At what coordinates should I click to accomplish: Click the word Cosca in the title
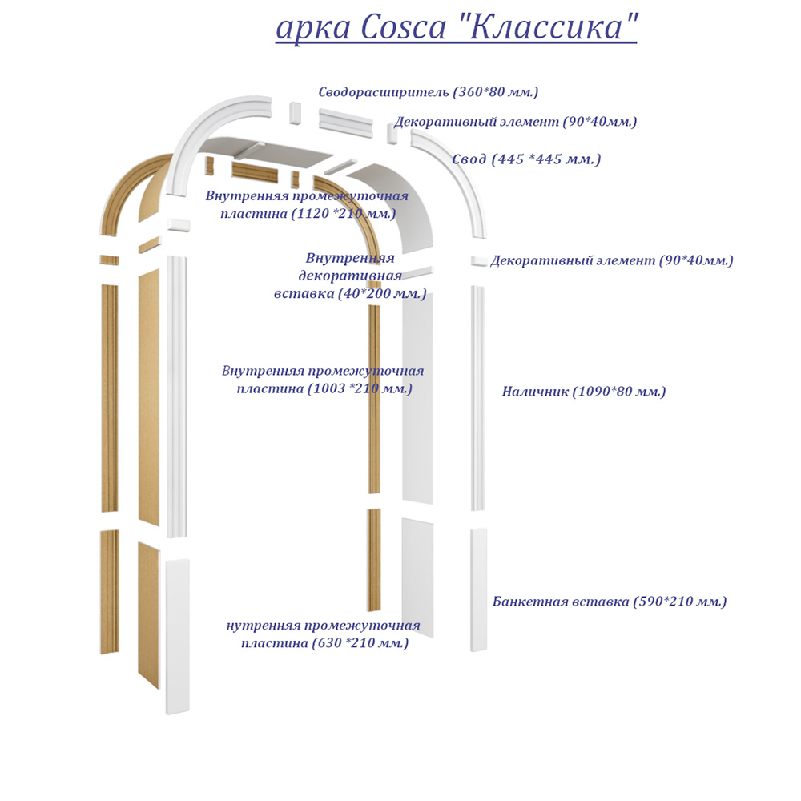(x=404, y=27)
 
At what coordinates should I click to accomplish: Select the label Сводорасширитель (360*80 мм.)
(x=429, y=92)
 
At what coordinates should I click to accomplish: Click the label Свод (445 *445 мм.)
(x=526, y=159)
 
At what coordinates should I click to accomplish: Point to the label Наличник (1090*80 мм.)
(x=584, y=392)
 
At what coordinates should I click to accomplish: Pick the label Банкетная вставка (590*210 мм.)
(x=610, y=602)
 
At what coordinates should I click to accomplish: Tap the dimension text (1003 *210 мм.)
(x=360, y=388)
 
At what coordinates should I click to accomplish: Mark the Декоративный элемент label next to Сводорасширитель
(x=515, y=122)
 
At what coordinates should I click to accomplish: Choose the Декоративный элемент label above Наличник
(x=612, y=260)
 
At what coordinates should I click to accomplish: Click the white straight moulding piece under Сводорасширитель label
(x=346, y=122)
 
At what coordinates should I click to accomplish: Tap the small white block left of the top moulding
(x=294, y=113)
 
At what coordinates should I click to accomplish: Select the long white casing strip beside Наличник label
(x=477, y=396)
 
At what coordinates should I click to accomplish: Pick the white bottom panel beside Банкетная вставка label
(x=479, y=589)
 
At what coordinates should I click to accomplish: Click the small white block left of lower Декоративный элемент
(x=478, y=261)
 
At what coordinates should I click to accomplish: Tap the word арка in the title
(x=313, y=27)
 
